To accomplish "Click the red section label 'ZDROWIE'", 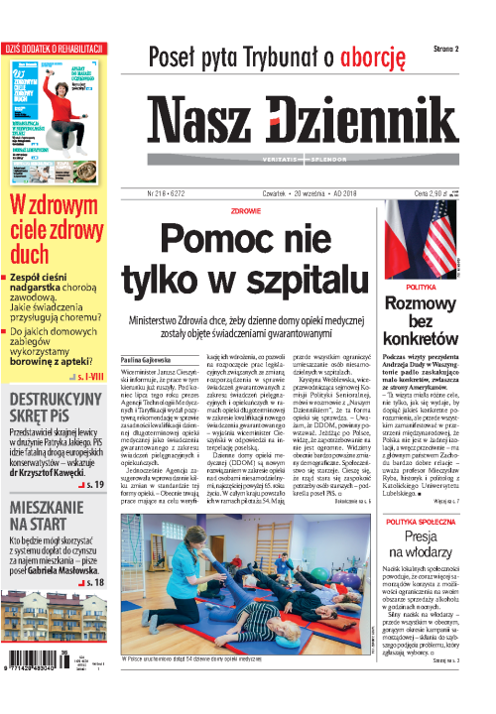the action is coord(245,210).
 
